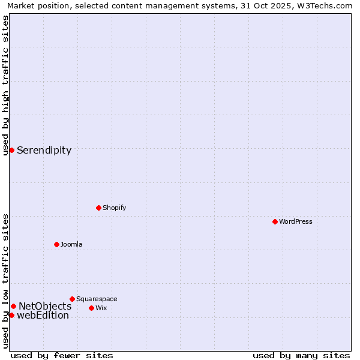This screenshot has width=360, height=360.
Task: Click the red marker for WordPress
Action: point(275,221)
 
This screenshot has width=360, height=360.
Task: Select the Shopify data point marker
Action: point(98,208)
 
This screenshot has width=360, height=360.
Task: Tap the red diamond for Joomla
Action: point(56,244)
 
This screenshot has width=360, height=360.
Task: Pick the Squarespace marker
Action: point(72,299)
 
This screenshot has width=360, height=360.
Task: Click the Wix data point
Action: point(91,308)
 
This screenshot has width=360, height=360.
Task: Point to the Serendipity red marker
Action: point(11,150)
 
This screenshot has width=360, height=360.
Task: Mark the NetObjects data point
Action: point(13,306)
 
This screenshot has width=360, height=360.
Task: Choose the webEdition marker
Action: point(11,315)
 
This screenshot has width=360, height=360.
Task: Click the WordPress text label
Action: point(296,221)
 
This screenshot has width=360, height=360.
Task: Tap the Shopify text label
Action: point(114,208)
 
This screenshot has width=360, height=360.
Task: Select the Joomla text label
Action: point(71,244)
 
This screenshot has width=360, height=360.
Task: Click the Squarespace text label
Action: point(97,299)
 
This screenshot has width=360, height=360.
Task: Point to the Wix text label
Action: point(101,308)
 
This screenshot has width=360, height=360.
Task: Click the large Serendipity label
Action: point(44,151)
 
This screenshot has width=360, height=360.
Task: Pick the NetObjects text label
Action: point(45,307)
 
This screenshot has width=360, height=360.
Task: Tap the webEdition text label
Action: point(43,316)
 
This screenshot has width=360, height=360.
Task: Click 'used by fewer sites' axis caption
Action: point(62,355)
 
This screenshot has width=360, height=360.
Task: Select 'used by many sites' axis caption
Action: point(301,355)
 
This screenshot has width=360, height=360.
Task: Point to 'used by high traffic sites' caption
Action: point(5,85)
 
